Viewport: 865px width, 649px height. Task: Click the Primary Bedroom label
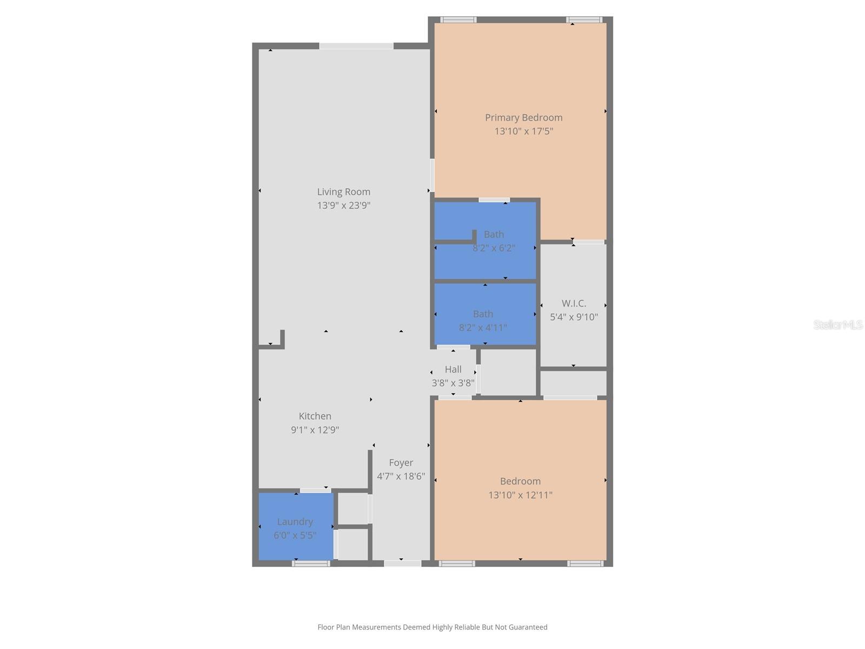click(x=523, y=117)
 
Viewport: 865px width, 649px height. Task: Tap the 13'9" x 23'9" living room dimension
click(x=343, y=206)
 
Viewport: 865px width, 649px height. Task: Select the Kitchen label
click(x=315, y=416)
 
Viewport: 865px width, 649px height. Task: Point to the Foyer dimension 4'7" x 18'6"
click(x=401, y=476)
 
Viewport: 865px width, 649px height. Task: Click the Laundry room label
click(x=295, y=521)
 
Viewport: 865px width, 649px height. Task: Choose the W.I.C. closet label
click(x=574, y=303)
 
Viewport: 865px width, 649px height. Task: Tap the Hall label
click(x=453, y=369)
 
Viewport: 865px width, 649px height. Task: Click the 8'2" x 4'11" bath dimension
click(x=483, y=328)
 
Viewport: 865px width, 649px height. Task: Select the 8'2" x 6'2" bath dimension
click(x=494, y=248)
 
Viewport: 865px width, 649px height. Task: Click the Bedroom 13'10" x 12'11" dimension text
click(x=520, y=495)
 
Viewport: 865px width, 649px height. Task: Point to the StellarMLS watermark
click(x=838, y=325)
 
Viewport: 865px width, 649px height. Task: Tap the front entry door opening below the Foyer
click(x=402, y=564)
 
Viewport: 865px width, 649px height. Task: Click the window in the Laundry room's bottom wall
click(x=311, y=564)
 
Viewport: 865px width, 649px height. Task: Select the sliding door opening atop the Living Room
click(x=356, y=46)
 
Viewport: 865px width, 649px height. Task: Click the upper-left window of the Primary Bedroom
click(x=458, y=20)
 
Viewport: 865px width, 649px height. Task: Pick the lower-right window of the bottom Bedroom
click(x=585, y=564)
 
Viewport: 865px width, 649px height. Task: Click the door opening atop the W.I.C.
click(x=589, y=242)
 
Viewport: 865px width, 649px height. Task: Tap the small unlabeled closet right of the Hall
click(x=508, y=373)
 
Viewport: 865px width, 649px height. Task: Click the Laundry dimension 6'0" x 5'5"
click(x=295, y=535)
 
